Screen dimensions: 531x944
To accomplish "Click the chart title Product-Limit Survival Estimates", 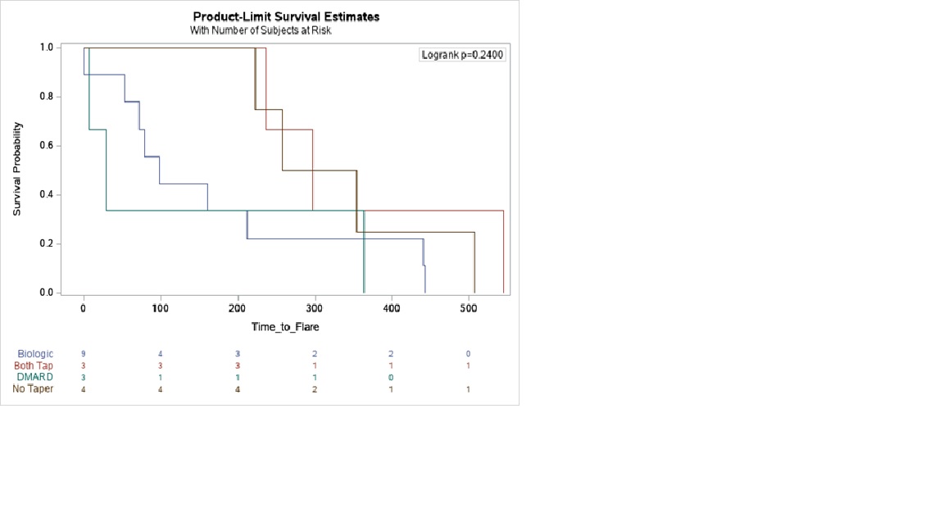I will coord(286,16).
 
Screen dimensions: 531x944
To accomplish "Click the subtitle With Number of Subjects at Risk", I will coord(261,30).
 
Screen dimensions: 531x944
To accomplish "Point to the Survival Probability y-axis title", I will coord(17,169).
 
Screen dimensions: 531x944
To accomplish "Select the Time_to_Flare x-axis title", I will coord(285,327).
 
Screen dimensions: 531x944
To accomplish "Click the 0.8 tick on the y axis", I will coord(47,97).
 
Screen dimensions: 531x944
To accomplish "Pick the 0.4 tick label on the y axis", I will coord(47,195).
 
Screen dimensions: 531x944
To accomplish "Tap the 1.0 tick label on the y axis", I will coord(47,48).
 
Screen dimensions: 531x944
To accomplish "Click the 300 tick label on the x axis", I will coord(315,308).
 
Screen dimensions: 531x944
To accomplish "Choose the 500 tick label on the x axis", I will coord(469,308).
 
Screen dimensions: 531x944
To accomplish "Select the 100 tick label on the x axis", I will coord(161,308).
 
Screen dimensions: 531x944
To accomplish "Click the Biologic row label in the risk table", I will coord(35,354).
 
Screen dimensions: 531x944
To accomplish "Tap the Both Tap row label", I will coord(34,365).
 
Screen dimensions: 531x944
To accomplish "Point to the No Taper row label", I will coord(34,388).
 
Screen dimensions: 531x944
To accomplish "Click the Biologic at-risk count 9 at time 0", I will coord(84,354).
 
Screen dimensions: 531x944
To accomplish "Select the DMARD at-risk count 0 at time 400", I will coord(392,378).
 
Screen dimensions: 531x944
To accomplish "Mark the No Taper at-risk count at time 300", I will coord(315,389).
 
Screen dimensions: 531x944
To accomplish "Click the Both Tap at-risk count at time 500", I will coord(469,365).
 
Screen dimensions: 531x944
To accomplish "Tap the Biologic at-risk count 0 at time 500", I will coord(469,354).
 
